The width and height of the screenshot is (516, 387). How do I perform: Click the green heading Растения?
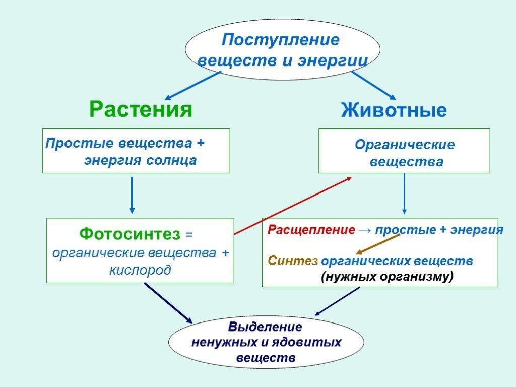(x=141, y=109)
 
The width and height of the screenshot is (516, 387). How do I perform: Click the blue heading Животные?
(x=394, y=109)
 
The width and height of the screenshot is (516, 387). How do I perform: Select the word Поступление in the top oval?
(x=280, y=40)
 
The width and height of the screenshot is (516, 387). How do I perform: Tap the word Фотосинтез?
(x=130, y=234)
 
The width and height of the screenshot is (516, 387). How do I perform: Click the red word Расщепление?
(x=311, y=229)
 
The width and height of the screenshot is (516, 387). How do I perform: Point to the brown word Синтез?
(x=293, y=261)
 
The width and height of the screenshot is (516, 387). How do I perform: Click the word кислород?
(x=140, y=270)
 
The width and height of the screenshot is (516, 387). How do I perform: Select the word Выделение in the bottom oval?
(x=265, y=327)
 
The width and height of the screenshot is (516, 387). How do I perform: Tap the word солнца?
(x=171, y=160)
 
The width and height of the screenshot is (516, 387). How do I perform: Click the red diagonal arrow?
(x=293, y=206)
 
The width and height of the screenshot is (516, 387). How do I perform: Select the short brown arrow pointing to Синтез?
(x=378, y=244)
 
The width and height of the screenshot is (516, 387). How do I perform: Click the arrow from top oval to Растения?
(x=193, y=86)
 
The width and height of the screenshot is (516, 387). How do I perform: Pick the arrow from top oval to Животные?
(x=373, y=86)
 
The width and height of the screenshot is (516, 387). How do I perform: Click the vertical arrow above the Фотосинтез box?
(x=132, y=195)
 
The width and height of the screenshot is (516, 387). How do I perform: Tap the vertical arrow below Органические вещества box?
(x=405, y=193)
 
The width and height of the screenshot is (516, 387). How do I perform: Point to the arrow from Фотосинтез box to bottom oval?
(x=168, y=303)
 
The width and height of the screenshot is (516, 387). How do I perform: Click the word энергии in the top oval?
(x=333, y=61)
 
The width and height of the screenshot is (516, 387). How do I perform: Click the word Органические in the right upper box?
(x=405, y=145)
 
